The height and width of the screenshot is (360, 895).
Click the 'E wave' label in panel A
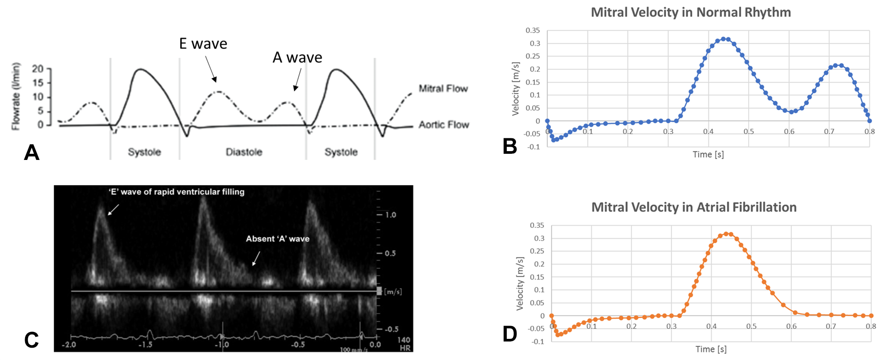[x=203, y=44]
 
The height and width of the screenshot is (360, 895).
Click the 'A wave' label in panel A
[x=297, y=57]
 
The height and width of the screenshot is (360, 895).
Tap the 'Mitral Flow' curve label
[x=443, y=89]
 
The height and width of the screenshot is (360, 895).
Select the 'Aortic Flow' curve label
[x=443, y=125]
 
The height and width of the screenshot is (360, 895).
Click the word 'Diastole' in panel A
[x=244, y=152]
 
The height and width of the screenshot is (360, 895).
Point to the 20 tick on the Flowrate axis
[x=38, y=69]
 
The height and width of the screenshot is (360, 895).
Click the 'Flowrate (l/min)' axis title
[x=16, y=96]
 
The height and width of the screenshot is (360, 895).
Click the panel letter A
[x=31, y=152]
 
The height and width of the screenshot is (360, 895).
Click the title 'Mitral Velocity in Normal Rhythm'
[x=691, y=12]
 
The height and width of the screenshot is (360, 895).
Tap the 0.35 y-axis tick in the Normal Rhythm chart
[x=532, y=30]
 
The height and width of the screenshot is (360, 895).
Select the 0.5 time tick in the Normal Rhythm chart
[x=749, y=132]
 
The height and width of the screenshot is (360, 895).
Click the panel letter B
[x=510, y=146]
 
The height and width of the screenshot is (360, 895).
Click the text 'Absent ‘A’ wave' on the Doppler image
[x=278, y=239]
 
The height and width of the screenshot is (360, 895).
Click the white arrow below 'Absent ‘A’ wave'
[x=256, y=258]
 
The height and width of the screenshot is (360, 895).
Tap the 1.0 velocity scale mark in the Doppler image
[x=390, y=215]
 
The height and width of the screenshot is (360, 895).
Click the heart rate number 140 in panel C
[x=404, y=340]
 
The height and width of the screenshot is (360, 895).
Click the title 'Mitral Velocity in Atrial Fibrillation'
[x=694, y=207]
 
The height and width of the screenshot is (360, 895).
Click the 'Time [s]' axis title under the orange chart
[x=711, y=349]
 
